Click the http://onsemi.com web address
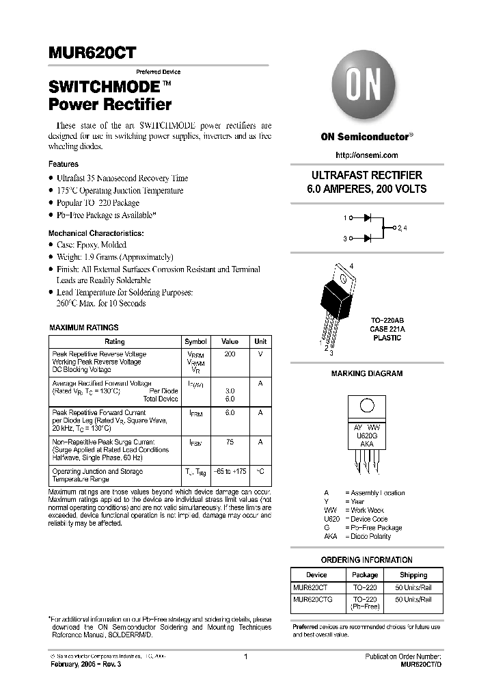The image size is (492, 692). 367,155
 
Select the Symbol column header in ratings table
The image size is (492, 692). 195,341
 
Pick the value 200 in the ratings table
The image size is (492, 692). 230,354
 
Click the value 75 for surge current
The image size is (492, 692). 230,442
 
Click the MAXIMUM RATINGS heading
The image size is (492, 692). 83,328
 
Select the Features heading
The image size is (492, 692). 63,164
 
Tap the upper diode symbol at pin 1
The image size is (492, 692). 367,218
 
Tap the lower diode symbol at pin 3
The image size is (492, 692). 367,238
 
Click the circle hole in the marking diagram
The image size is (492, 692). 367,405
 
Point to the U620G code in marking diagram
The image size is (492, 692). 367,434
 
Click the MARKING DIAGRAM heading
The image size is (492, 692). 367,373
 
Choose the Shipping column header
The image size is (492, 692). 413,575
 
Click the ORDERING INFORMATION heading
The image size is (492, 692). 367,559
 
